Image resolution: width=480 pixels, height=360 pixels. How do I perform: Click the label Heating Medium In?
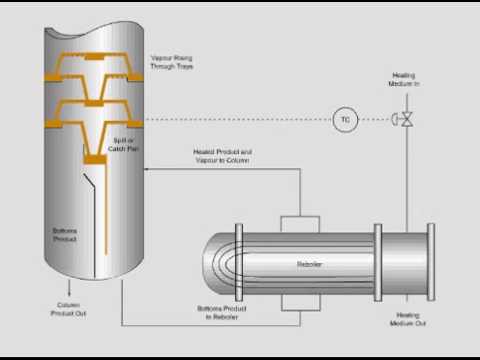point(408,81)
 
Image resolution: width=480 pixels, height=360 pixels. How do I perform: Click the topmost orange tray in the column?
point(95,61)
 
